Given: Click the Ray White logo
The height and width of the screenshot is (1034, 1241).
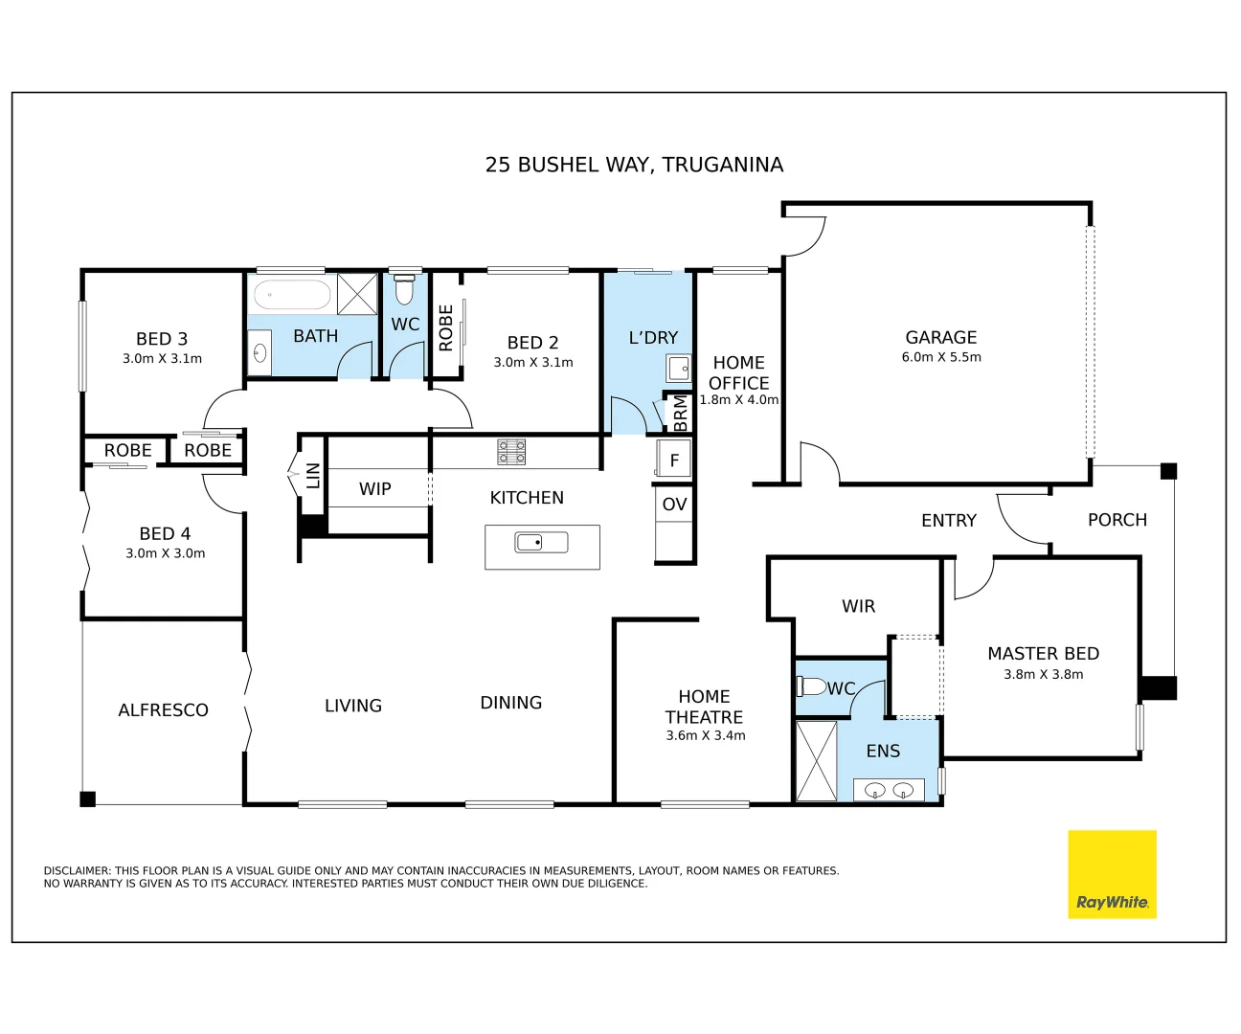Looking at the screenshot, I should [x=1112, y=874].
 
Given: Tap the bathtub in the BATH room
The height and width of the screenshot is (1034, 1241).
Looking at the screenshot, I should [x=292, y=294].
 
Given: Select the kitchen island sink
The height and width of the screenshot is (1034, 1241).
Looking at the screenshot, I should [x=541, y=543].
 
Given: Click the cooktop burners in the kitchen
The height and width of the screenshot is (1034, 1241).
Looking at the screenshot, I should [x=511, y=452].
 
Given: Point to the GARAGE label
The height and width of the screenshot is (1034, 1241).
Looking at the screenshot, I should [x=940, y=337].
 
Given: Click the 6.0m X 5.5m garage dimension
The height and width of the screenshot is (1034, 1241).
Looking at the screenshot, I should [x=940, y=357].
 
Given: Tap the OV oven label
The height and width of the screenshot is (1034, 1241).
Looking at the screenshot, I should [x=674, y=505].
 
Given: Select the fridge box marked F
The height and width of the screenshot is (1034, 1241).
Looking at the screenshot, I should [x=673, y=460].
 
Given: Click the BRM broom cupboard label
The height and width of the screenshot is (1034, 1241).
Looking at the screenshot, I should [x=680, y=414].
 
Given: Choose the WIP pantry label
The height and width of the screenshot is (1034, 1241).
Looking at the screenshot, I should [x=374, y=489].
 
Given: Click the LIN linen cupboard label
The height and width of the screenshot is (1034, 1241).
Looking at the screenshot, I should [x=313, y=476].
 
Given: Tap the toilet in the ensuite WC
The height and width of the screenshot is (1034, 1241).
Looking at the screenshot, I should [x=812, y=686].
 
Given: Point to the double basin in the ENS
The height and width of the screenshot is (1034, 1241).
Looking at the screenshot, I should [x=889, y=791].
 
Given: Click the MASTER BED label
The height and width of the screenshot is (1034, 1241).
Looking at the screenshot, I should [x=1043, y=654].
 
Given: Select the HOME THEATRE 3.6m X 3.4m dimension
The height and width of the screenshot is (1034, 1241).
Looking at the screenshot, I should [x=705, y=736].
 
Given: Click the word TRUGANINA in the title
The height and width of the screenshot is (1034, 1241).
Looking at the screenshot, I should [x=722, y=165].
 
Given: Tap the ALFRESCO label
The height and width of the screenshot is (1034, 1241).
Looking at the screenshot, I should [x=163, y=710].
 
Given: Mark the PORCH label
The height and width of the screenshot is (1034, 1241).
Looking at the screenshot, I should [x=1117, y=520].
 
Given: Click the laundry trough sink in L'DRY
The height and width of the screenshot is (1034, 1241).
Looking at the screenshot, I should [x=678, y=368].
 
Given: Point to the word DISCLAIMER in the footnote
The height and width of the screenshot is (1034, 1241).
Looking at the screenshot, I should [x=77, y=871].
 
